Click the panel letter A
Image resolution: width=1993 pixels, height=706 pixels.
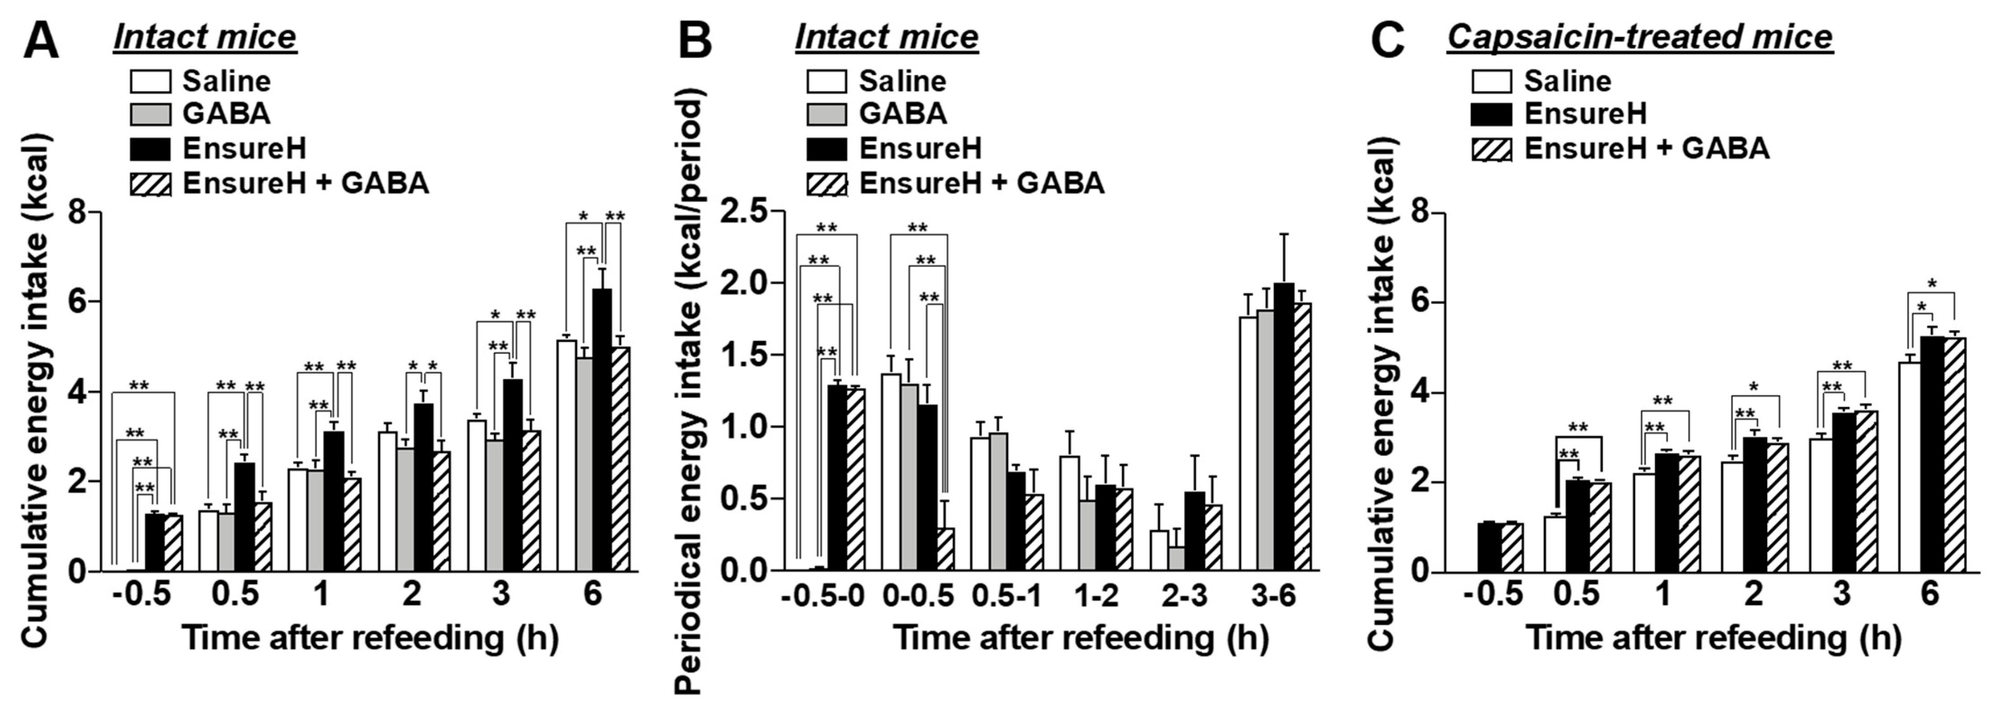tap(40, 40)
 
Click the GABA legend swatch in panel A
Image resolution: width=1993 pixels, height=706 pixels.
tap(150, 114)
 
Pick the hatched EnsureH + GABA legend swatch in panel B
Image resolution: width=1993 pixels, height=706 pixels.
tap(826, 184)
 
